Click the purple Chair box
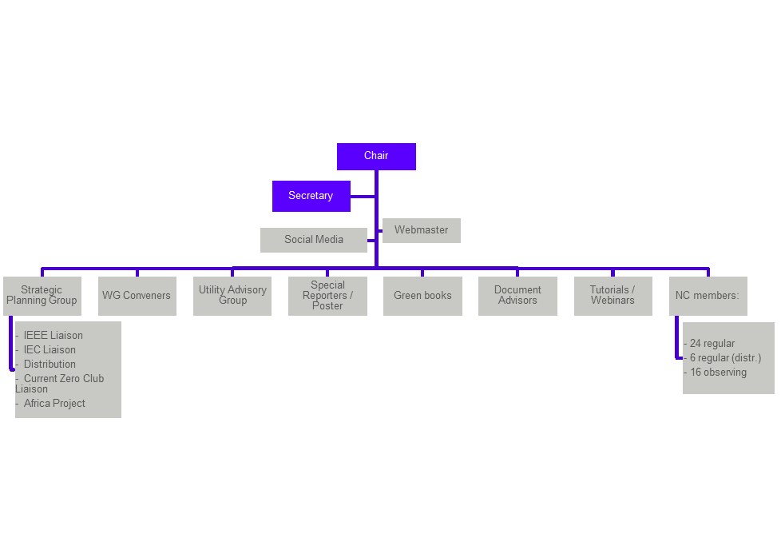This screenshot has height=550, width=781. click(376, 156)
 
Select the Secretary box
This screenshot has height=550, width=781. click(311, 196)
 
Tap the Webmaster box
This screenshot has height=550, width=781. click(421, 230)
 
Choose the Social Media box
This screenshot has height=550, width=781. click(313, 240)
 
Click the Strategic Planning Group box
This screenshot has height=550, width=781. click(42, 296)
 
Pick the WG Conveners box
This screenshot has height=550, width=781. click(137, 296)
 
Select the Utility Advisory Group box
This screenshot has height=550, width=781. click(232, 296)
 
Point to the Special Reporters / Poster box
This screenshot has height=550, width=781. click(327, 296)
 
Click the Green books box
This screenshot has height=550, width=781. click(422, 296)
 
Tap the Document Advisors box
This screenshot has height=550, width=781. click(517, 296)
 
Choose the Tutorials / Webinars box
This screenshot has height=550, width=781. click(613, 296)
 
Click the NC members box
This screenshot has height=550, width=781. click(708, 296)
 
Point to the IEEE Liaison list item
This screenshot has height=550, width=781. click(53, 336)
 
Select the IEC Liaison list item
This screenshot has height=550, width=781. click(50, 350)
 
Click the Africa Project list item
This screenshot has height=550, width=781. click(54, 404)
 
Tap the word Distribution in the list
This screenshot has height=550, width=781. click(50, 365)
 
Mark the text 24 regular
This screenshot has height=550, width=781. click(712, 344)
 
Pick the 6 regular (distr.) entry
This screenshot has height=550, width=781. click(725, 358)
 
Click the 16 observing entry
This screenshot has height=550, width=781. click(718, 373)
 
